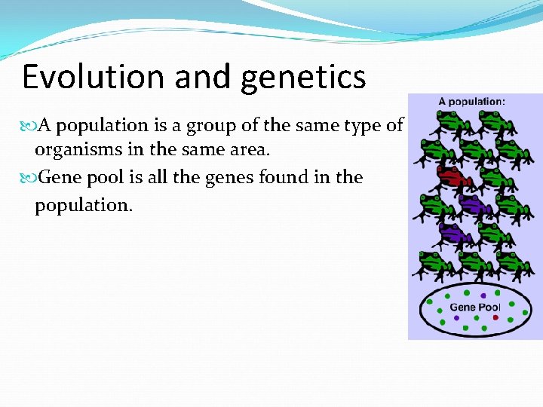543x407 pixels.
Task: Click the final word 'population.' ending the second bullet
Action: (83, 205)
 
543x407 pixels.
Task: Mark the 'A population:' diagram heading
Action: (472, 102)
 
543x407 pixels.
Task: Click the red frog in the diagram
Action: (452, 178)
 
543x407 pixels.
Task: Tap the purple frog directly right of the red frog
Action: (474, 203)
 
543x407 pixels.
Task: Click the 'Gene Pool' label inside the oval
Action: (474, 308)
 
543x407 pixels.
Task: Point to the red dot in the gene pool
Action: (495, 318)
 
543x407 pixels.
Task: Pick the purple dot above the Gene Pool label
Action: (483, 295)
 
